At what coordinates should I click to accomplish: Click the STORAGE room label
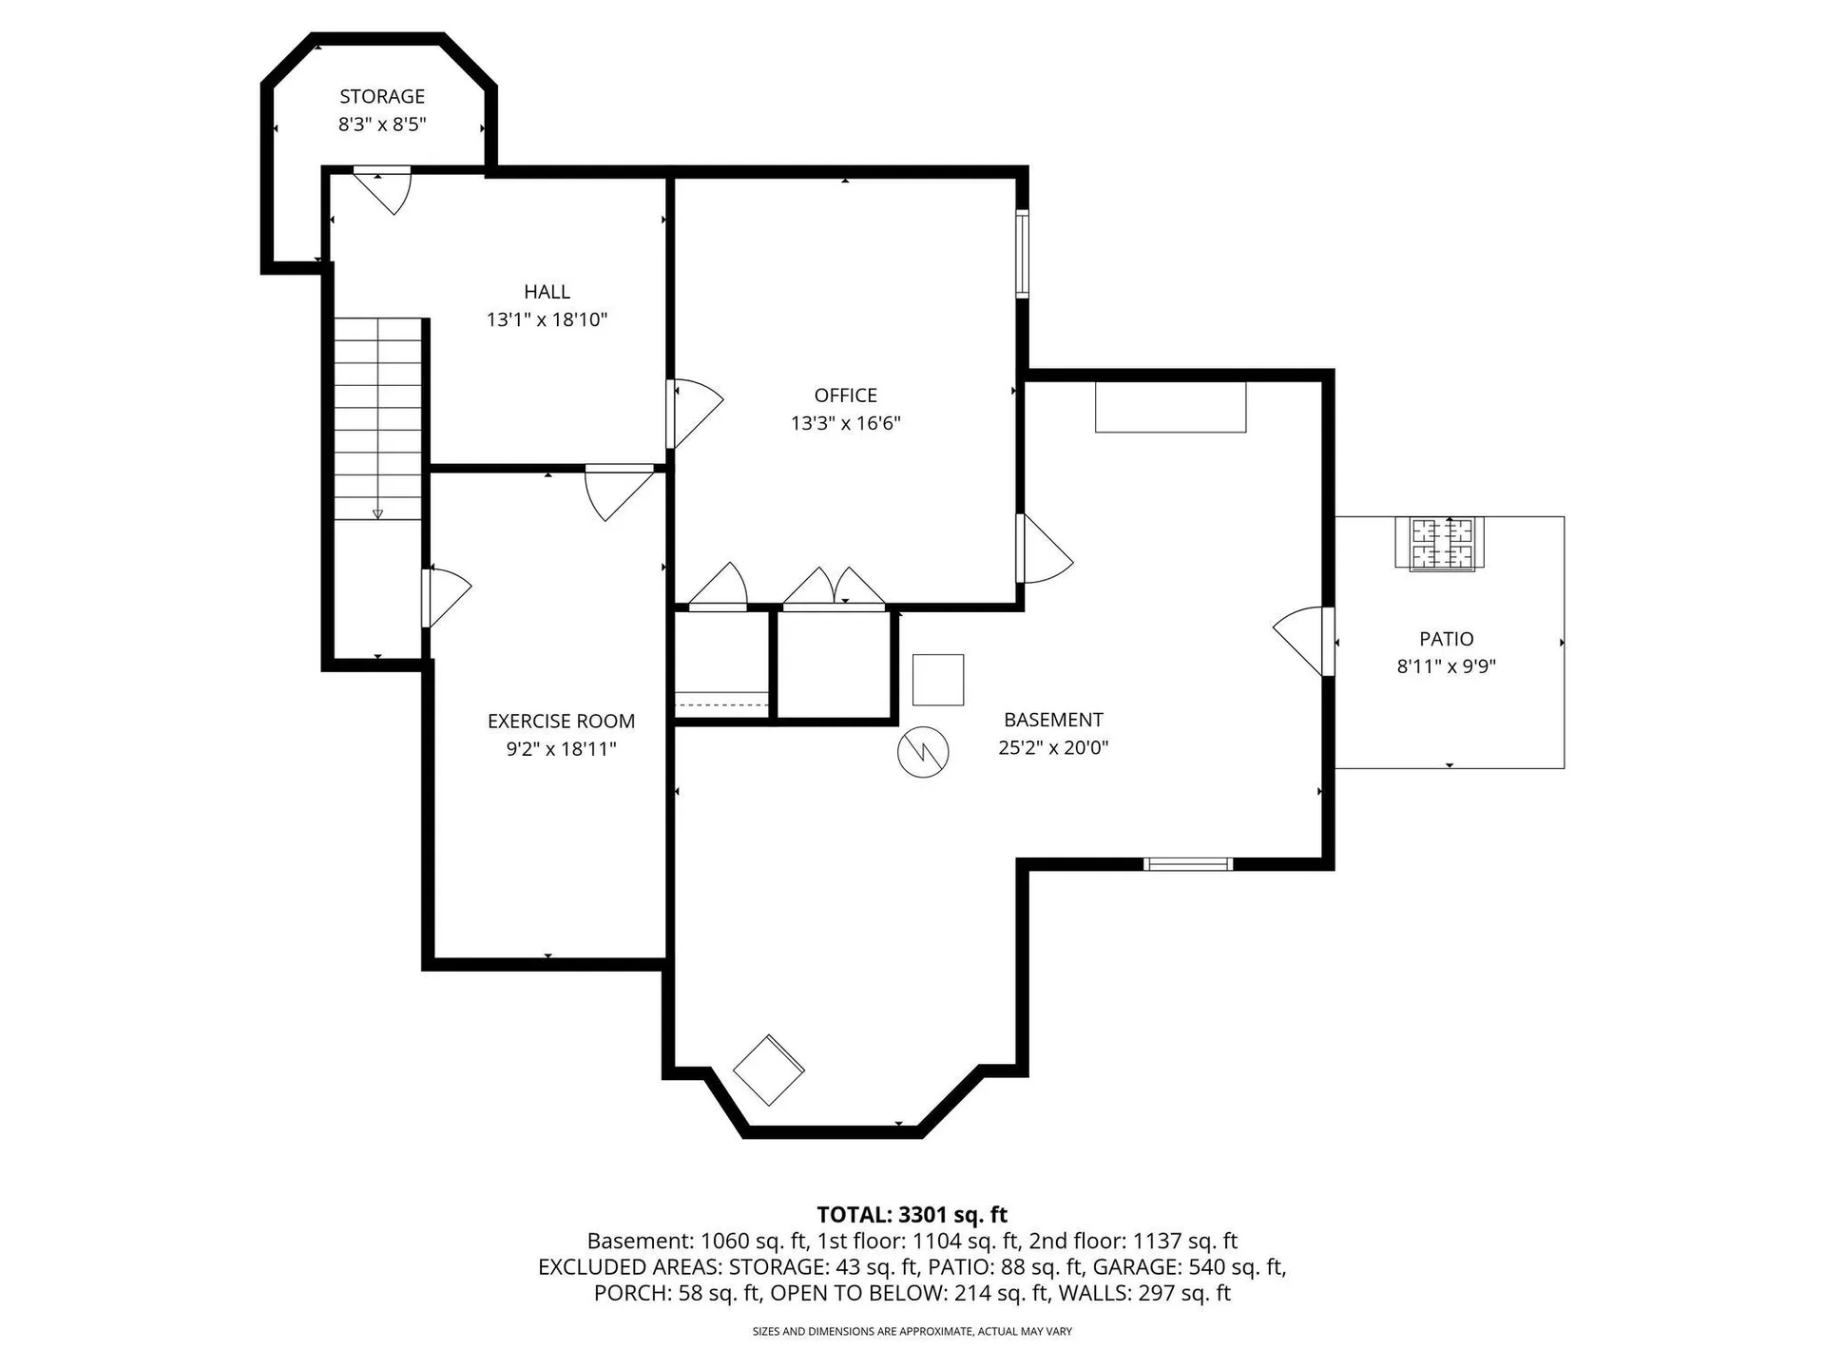tap(382, 96)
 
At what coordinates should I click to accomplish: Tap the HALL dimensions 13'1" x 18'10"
tap(547, 319)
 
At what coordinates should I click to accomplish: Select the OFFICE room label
tap(845, 395)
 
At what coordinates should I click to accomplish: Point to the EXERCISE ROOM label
tap(561, 721)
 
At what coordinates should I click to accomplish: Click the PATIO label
tap(1446, 639)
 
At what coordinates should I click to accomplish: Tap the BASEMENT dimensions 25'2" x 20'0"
tap(1053, 747)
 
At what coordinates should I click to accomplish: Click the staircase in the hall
tap(377, 418)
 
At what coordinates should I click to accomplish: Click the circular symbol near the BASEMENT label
tap(923, 752)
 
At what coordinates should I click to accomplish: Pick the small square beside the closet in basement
tap(938, 680)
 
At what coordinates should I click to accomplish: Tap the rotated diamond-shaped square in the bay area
tap(769, 1070)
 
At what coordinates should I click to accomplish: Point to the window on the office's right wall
tap(1022, 253)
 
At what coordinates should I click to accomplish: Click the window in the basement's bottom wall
tap(1187, 863)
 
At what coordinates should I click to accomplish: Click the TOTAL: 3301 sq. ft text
tap(912, 1214)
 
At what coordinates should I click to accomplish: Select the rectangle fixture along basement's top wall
tap(1170, 407)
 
